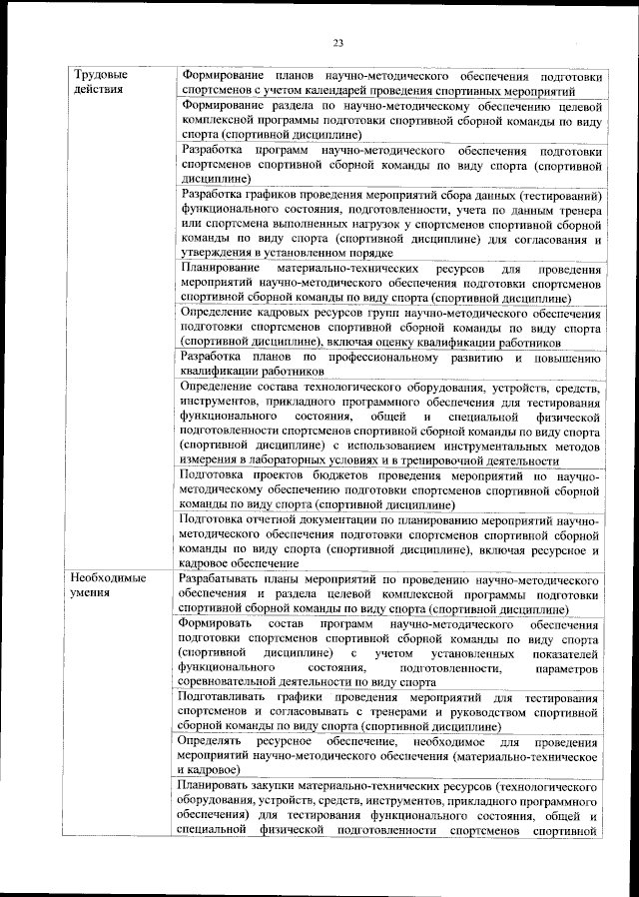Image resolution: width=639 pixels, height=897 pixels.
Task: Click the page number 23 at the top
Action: point(337,42)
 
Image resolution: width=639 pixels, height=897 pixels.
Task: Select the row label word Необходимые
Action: point(108,578)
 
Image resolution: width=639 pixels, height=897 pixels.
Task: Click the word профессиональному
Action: point(383,357)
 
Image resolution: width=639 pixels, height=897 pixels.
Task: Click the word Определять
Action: point(212,742)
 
